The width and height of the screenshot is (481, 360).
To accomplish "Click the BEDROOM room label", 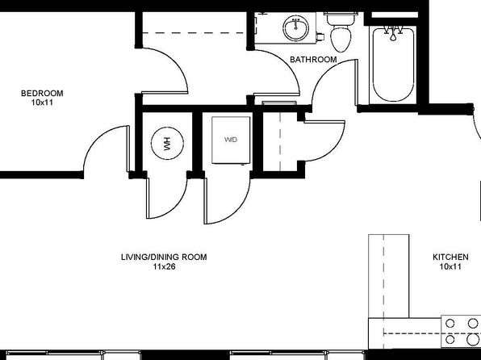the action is [x=42, y=93].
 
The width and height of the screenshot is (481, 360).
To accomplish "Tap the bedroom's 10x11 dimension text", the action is [x=42, y=103].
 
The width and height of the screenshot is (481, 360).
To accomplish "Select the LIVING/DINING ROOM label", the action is [x=164, y=257].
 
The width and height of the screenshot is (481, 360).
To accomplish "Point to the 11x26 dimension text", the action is [x=164, y=266].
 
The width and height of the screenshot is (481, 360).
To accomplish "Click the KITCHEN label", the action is [x=450, y=257].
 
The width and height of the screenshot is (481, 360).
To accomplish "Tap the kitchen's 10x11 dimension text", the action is [x=450, y=266].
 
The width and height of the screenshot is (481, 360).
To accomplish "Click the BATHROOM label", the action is [x=313, y=60].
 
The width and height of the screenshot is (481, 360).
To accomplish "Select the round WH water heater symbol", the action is [x=168, y=144].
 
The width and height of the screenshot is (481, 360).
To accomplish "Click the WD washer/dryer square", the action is [x=231, y=140].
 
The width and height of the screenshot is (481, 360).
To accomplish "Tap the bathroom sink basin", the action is [x=295, y=28].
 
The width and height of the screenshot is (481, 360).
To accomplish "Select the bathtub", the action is [x=393, y=65].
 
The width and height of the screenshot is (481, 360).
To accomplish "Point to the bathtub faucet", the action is [x=393, y=33].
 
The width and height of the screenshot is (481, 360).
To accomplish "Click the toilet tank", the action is [x=341, y=19].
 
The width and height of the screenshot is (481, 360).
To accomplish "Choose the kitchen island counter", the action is [x=389, y=276].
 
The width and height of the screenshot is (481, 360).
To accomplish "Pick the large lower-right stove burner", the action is [x=473, y=340].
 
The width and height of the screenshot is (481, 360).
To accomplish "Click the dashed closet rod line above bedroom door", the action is [x=194, y=33].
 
